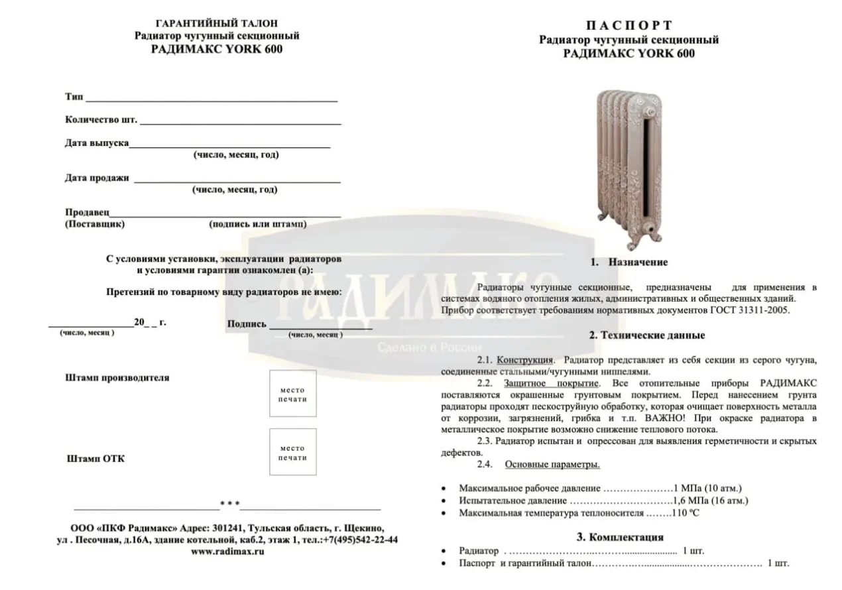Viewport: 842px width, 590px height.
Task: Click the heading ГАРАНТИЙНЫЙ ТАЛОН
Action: click(217, 24)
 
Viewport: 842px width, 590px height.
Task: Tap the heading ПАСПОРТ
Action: click(629, 26)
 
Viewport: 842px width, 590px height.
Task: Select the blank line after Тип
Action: click(211, 100)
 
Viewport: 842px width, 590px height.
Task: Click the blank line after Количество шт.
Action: click(240, 123)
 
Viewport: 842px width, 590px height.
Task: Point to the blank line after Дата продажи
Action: click(237, 180)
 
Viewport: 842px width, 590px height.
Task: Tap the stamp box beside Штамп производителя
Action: click(292, 394)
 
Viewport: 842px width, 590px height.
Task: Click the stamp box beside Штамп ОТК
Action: click(292, 452)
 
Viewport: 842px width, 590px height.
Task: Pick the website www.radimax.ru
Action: click(227, 552)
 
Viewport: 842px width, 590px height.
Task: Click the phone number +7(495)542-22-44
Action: click(360, 540)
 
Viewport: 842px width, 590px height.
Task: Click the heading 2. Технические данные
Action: click(647, 335)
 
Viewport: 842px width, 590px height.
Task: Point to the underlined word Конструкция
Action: click(525, 360)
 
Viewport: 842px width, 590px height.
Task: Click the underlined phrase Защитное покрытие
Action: click(552, 384)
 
